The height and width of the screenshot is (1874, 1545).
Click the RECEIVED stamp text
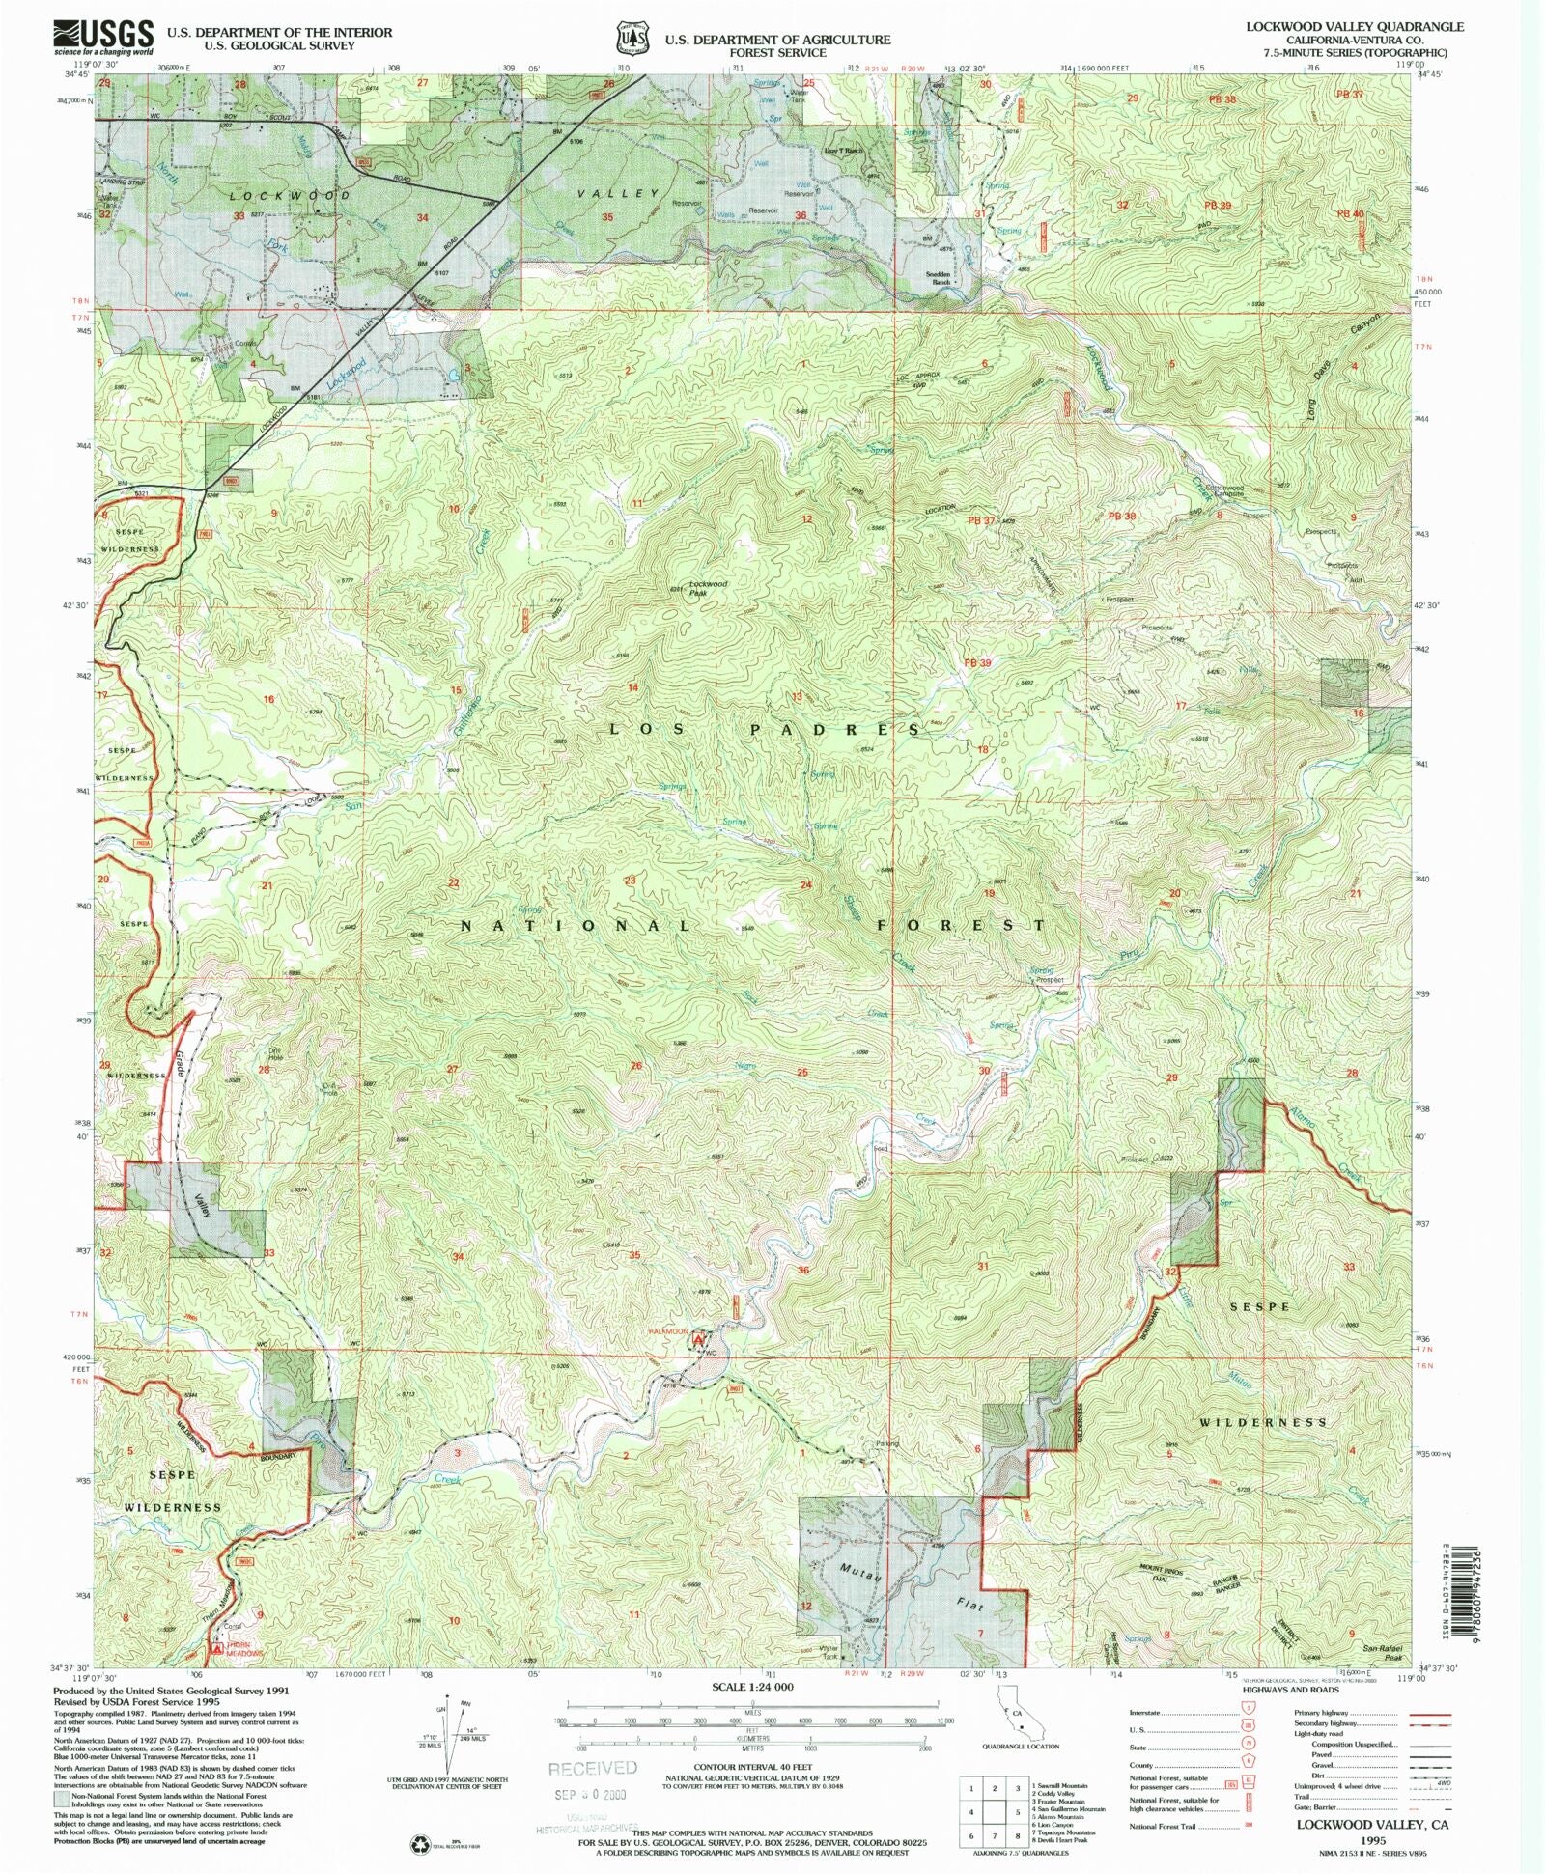tap(593, 1768)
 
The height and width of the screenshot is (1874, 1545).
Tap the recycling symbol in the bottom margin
tap(421, 1844)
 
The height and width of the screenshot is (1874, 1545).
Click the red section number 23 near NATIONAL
tap(630, 881)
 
